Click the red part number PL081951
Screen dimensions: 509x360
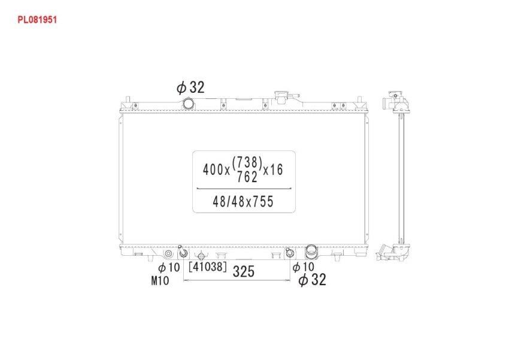pyautogui.click(x=37, y=20)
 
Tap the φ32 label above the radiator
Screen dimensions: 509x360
pyautogui.click(x=190, y=87)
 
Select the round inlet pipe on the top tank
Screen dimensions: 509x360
pyautogui.click(x=188, y=104)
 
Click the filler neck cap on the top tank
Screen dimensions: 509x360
pyautogui.click(x=281, y=96)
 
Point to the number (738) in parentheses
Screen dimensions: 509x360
pyautogui.click(x=247, y=162)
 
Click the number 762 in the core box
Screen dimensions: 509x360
pyautogui.click(x=247, y=177)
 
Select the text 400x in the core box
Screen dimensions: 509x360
pyautogui.click(x=216, y=170)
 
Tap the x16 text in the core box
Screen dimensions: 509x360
pyautogui.click(x=273, y=170)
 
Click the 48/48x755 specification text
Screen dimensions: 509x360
pyautogui.click(x=243, y=202)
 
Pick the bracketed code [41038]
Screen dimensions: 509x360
pyautogui.click(x=207, y=267)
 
